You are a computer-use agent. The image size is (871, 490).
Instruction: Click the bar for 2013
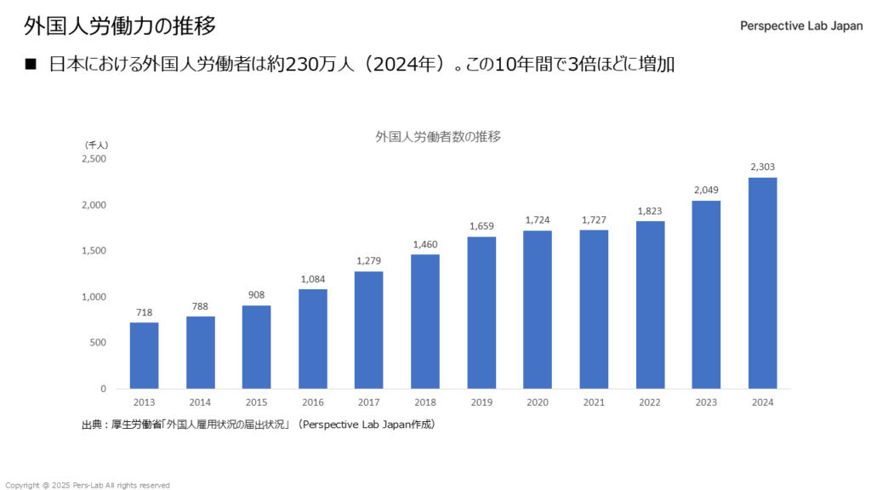(x=144, y=356)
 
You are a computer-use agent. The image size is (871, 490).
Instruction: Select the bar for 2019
(x=481, y=312)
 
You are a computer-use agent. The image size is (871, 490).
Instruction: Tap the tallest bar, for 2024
(x=762, y=282)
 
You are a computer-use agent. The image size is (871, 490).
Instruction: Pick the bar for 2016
(x=313, y=339)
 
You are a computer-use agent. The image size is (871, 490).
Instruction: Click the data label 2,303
(x=762, y=167)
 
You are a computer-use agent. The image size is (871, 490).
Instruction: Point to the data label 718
(x=144, y=312)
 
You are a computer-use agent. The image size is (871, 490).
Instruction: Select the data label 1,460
(x=425, y=244)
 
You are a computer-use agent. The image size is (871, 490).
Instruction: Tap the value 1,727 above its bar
(x=594, y=219)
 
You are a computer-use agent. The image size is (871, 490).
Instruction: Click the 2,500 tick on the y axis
(x=94, y=159)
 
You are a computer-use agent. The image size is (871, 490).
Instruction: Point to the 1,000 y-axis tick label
(x=94, y=297)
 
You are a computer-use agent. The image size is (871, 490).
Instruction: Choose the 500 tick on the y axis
(x=98, y=343)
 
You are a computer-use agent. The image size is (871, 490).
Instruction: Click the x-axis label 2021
(x=594, y=401)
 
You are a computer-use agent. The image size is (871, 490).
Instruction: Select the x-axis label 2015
(x=256, y=401)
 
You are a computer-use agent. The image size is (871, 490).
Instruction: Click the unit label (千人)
(x=96, y=145)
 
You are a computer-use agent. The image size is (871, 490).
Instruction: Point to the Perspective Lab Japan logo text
(x=801, y=26)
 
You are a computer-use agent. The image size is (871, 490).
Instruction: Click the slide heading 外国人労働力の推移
(x=119, y=26)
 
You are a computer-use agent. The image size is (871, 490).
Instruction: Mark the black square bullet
(x=32, y=64)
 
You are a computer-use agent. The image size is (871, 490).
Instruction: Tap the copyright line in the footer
(x=88, y=485)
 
